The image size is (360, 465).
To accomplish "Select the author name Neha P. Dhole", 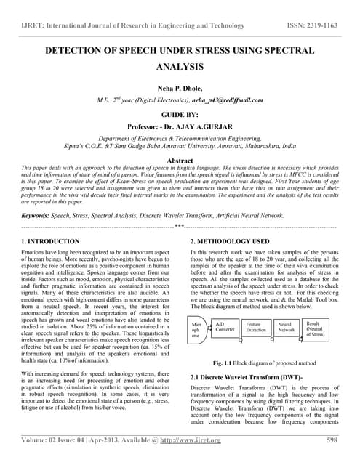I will point(179,86).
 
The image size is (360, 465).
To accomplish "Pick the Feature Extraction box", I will point(256,328).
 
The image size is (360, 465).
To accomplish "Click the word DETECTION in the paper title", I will point(81,52).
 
